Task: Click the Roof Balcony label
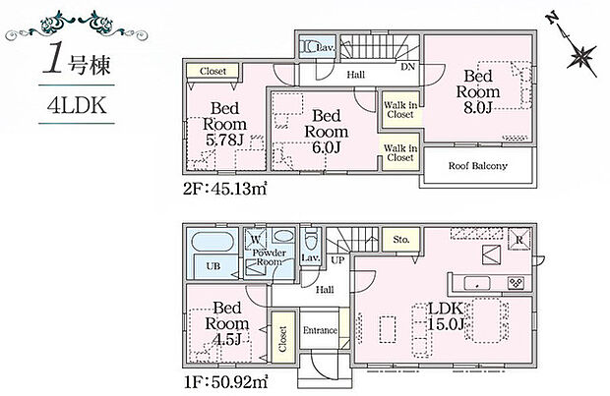point(478,166)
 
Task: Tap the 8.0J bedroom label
point(478,91)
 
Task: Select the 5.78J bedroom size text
point(224,140)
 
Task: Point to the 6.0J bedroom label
point(326,132)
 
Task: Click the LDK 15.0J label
point(446,316)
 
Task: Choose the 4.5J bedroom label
point(227,323)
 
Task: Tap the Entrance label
point(320,330)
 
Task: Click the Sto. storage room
point(401,240)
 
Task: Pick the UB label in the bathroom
point(213,266)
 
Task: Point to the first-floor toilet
point(311,240)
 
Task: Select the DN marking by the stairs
point(407,67)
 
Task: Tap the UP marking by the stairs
point(337,260)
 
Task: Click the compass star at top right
point(581,56)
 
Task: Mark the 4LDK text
point(77,105)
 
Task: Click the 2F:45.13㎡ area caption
point(225,189)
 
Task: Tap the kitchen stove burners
point(516,283)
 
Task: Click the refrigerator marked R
point(518,240)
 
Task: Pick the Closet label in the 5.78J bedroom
point(213,71)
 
